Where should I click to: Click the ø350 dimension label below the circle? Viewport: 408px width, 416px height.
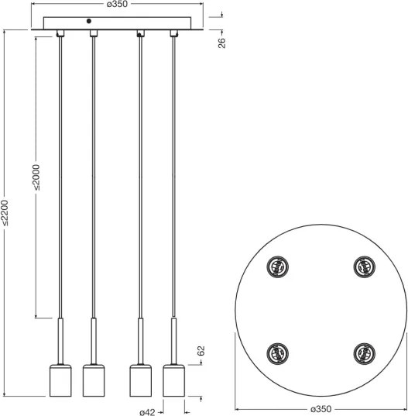(x=321, y=407)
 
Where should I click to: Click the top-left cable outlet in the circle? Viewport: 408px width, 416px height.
(x=277, y=267)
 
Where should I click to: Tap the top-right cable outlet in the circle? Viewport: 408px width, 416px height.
(x=363, y=267)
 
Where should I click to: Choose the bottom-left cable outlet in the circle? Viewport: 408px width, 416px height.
(x=277, y=353)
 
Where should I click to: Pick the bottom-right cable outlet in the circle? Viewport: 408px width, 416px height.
(x=363, y=353)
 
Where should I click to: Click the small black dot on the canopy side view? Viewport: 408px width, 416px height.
(x=89, y=21)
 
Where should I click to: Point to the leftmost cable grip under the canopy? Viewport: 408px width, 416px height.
(x=60, y=33)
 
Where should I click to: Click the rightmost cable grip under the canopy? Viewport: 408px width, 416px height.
(x=173, y=33)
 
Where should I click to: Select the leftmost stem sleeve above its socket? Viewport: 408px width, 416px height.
(x=60, y=339)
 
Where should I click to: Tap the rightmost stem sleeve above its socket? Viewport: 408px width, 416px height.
(x=173, y=339)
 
